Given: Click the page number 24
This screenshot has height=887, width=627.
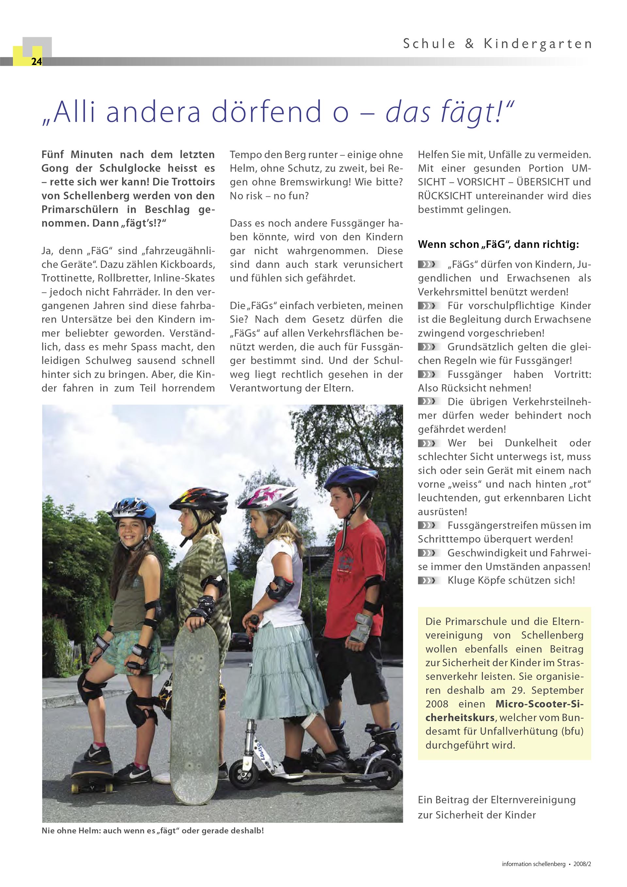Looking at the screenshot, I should point(36,62).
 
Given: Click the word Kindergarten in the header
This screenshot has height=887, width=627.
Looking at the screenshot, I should point(538,44).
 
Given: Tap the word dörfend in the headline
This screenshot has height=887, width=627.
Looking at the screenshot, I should point(266,111).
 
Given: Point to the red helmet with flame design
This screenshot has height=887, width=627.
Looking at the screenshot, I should point(199,499).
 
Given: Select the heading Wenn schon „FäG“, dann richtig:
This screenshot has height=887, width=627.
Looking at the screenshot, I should point(498,245).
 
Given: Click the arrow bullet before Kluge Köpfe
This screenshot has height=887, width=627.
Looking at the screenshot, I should point(428,580).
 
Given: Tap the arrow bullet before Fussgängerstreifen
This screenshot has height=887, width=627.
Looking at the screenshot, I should point(428,525).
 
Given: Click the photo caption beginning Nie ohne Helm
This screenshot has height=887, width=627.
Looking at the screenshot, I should point(153,830).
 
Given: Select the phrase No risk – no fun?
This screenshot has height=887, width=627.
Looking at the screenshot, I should point(269,196).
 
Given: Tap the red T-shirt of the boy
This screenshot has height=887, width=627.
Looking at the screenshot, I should point(359,556).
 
